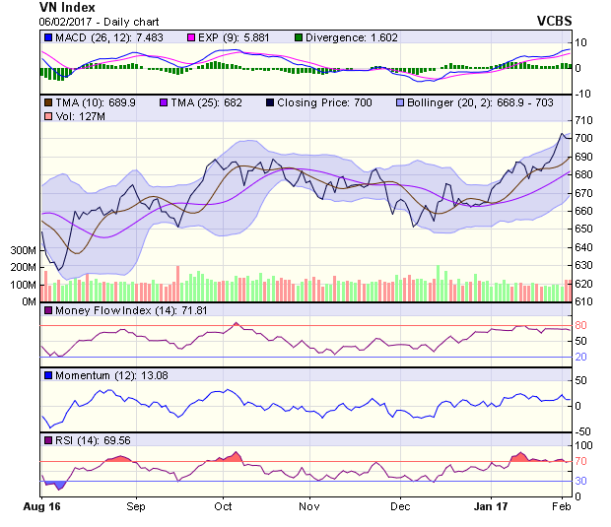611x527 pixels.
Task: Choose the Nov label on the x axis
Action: click(x=309, y=507)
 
